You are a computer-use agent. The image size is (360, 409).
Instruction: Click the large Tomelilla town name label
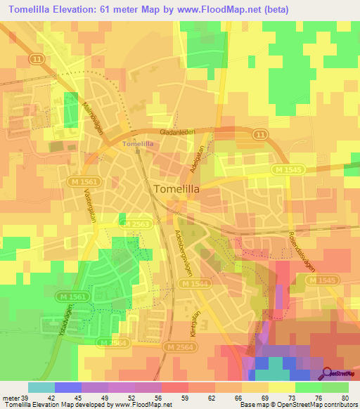click(x=180, y=188)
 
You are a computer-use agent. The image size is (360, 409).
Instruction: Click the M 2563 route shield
click(x=134, y=223)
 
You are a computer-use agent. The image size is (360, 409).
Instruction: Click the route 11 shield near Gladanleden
click(x=261, y=134)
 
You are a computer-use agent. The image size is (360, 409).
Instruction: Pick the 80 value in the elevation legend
click(x=344, y=397)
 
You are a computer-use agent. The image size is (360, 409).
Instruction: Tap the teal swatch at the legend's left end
click(x=41, y=387)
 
